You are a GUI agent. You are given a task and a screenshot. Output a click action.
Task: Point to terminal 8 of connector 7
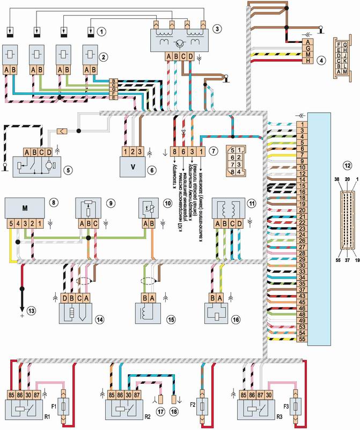(175, 152)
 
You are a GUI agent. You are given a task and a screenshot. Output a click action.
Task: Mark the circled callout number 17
(160, 411)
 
